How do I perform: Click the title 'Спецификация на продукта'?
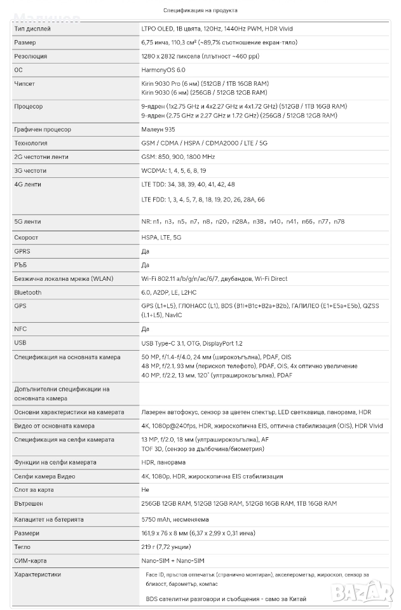coord(200,10)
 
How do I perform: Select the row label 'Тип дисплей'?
coord(32,29)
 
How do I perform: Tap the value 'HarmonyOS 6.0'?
coord(163,70)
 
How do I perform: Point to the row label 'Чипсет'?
coord(25,83)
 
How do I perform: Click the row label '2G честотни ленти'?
coord(41,157)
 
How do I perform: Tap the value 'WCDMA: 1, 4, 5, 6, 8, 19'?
coord(173,171)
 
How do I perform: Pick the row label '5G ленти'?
coord(27,222)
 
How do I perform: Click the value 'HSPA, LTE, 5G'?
coord(161,238)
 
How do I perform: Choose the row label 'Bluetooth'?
coord(27,292)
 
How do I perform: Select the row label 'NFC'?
coord(20,329)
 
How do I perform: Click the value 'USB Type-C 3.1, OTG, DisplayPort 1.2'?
coord(191,344)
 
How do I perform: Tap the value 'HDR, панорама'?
coord(163,463)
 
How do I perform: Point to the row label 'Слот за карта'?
coord(34,490)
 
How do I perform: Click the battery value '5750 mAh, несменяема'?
coord(175,519)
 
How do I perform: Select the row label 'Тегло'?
coord(22,546)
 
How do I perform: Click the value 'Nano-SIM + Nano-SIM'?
coord(173,560)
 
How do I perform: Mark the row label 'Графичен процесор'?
coord(43,130)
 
